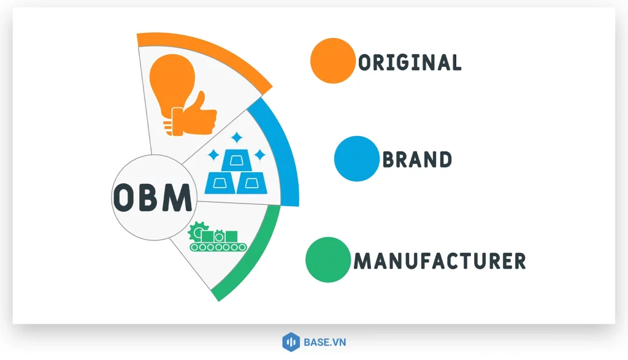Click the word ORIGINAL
pos(410,62)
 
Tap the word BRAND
pos(418,160)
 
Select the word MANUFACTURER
pos(440,261)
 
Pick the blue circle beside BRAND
pos(356,159)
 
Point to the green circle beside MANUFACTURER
pos(328,260)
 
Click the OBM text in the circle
pos(152,197)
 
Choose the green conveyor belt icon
pos(218,246)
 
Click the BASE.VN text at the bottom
pos(324,342)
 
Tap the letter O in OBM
pos(124,197)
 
